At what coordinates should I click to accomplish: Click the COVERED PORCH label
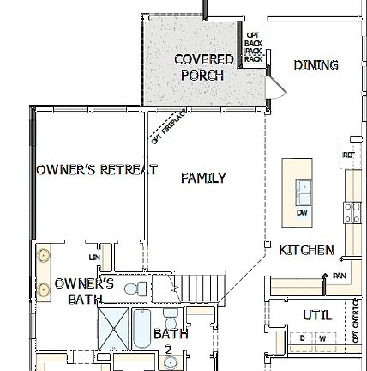202,67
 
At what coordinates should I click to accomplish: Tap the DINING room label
316,65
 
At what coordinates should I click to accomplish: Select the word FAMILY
203,179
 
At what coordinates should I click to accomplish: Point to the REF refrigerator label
347,155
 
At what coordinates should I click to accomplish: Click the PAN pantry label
340,275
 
